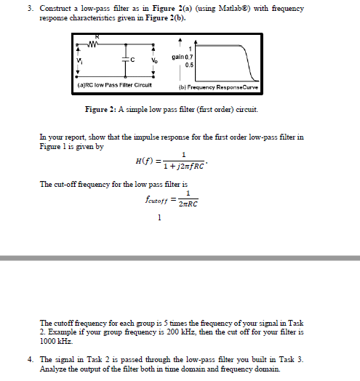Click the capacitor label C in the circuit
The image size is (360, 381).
(x=132, y=60)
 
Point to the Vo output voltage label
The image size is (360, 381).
(x=153, y=60)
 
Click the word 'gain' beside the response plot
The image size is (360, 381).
(x=177, y=56)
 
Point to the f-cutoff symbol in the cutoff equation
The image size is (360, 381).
(x=161, y=198)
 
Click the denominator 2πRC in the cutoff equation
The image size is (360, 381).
(x=188, y=204)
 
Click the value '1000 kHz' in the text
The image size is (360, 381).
(x=52, y=340)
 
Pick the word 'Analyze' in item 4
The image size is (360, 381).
(x=55, y=369)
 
